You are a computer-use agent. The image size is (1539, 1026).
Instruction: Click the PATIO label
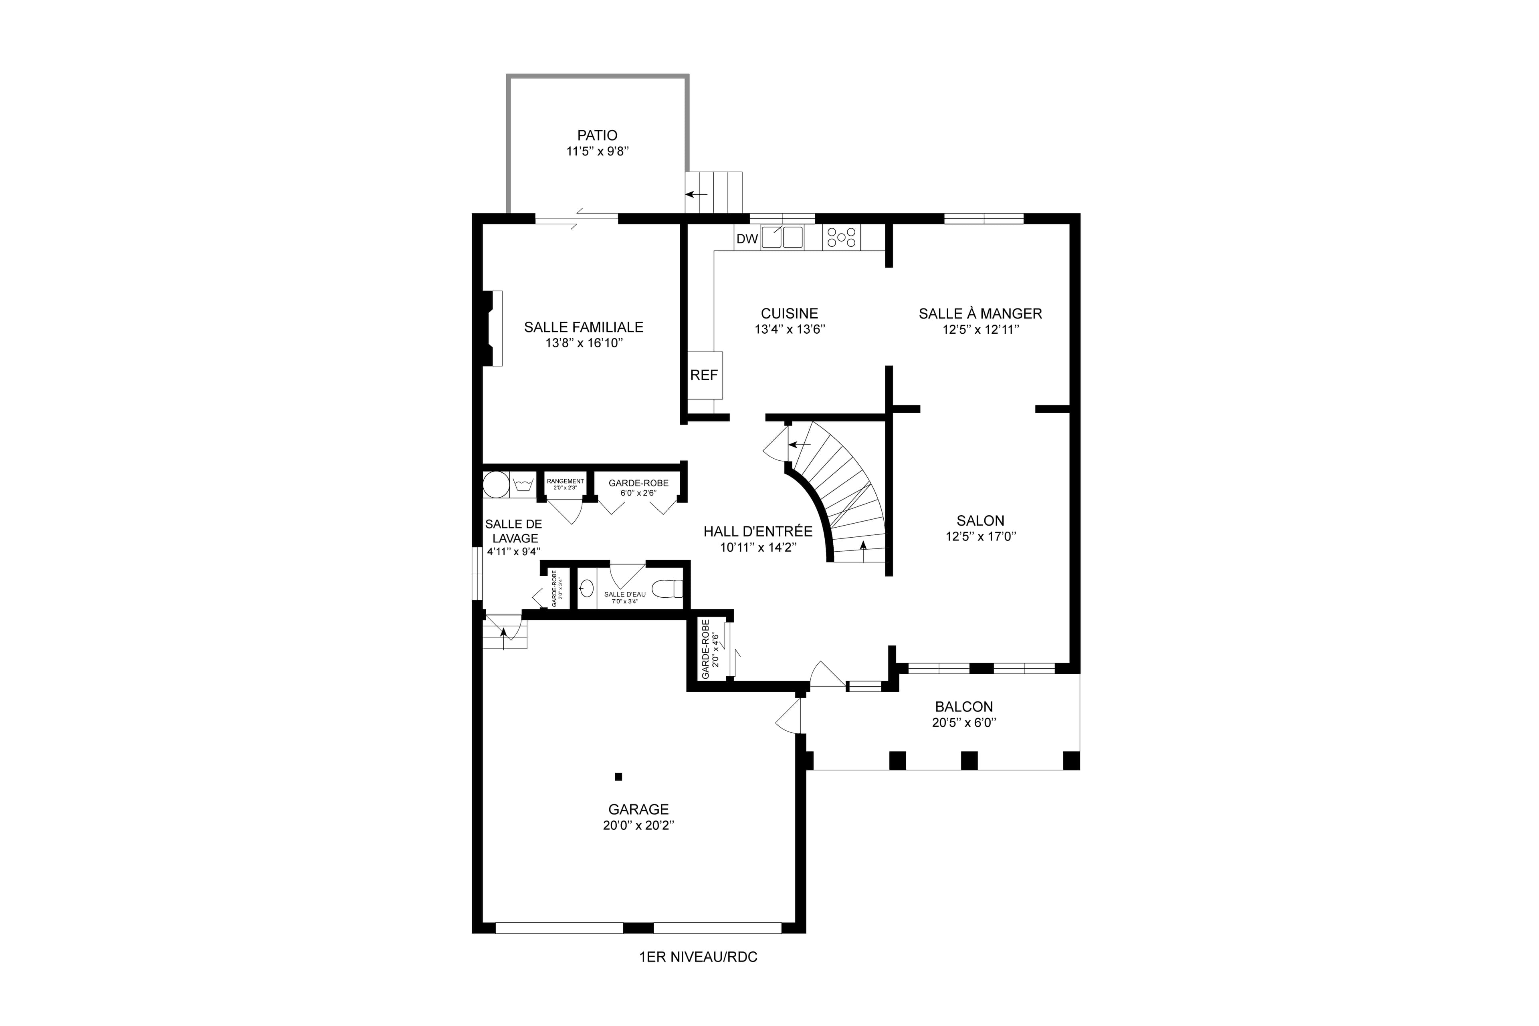tap(597, 135)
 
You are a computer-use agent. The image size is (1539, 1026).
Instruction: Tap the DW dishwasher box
tap(747, 239)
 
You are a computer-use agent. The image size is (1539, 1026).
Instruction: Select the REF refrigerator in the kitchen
tap(704, 375)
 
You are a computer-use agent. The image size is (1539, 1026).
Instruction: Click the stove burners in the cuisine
tap(841, 237)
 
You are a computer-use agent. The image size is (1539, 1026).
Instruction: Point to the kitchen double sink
tap(782, 237)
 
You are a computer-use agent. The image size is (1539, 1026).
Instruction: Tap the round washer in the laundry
tap(496, 485)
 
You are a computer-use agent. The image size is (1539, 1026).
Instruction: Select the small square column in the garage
tap(618, 777)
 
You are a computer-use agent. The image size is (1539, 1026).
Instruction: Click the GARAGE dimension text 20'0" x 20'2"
tap(638, 825)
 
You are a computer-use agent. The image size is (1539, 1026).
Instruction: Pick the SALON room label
tap(980, 521)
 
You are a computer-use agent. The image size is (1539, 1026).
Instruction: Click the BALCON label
tap(963, 707)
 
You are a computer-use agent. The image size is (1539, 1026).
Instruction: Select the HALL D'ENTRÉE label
tap(758, 531)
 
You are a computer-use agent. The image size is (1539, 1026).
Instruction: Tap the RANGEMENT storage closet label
tap(565, 481)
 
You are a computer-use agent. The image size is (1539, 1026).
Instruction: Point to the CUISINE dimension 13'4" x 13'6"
tap(790, 329)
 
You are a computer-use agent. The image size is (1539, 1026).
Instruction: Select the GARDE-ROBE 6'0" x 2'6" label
tap(638, 488)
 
